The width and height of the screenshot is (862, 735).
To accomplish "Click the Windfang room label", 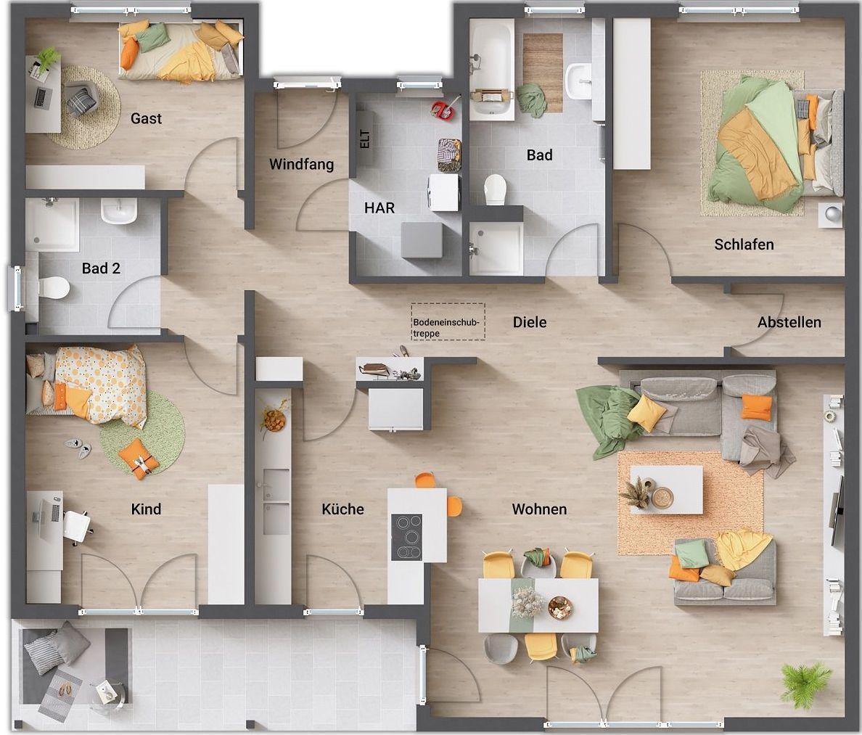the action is click(301, 164).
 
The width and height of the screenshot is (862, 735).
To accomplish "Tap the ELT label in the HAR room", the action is click(365, 139).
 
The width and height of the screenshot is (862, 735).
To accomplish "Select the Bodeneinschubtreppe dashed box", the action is click(448, 321).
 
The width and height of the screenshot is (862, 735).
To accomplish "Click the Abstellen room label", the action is click(789, 322).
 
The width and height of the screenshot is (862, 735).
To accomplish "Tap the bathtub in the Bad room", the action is click(491, 69).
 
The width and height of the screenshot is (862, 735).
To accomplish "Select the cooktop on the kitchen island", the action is click(406, 537).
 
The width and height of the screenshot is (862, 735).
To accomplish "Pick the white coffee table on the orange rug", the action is click(666, 489).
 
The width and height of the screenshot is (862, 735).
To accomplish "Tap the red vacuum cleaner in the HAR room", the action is click(445, 107).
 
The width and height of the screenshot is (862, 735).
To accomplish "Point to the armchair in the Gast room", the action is click(82, 99).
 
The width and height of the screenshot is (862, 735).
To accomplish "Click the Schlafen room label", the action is click(744, 245).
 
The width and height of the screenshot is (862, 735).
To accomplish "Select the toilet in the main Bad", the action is click(495, 189).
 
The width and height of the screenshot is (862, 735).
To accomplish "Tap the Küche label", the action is click(342, 509).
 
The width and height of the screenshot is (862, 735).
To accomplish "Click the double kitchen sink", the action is click(276, 501).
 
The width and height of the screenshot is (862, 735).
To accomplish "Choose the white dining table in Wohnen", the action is click(538, 604).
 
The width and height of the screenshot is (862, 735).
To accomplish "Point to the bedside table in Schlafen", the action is click(830, 214).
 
